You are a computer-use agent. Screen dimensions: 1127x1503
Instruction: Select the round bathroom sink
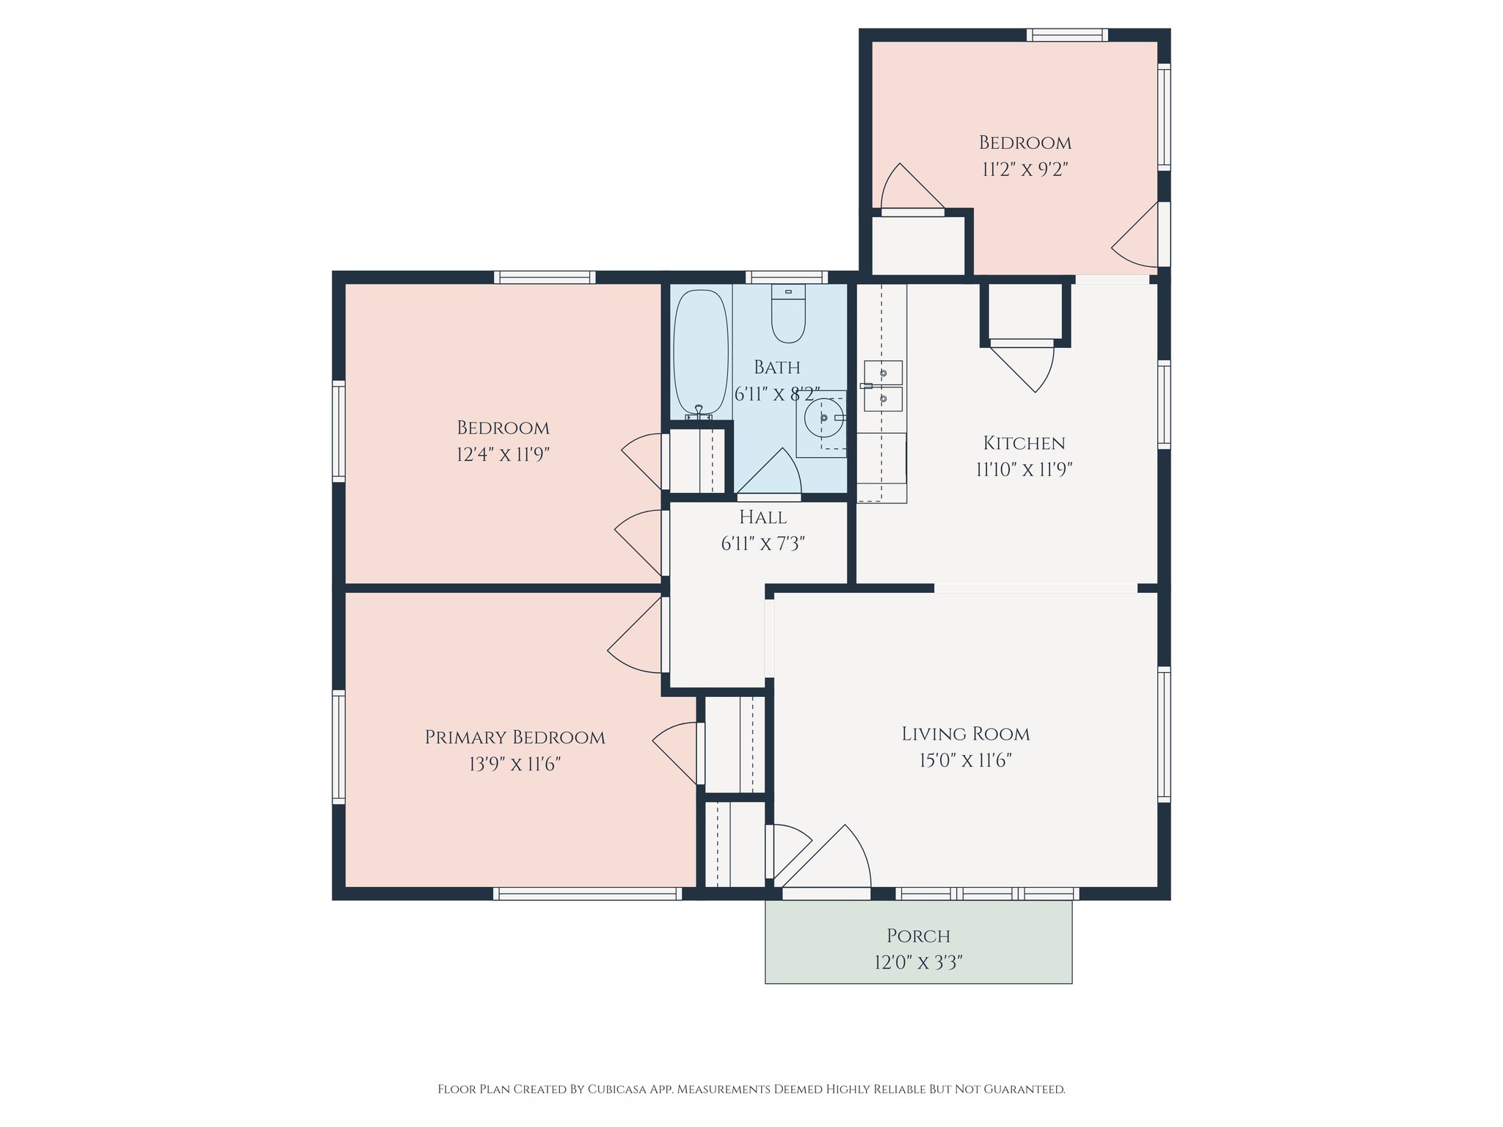823,418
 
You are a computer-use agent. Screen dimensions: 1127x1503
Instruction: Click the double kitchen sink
882,386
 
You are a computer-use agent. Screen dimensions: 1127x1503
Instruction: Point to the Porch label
918,936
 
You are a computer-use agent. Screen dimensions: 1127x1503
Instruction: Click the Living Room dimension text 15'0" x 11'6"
965,760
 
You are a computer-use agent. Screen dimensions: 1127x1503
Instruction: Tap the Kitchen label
1024,443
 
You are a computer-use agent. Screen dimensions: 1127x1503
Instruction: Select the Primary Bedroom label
514,737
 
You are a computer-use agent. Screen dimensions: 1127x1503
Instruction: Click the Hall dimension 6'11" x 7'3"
763,544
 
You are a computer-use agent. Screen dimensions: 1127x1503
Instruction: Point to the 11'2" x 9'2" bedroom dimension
1025,169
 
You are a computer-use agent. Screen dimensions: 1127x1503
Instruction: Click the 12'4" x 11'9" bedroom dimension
503,455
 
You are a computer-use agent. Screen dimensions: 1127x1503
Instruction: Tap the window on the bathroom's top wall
787,277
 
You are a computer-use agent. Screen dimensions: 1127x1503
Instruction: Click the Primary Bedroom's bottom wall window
587,894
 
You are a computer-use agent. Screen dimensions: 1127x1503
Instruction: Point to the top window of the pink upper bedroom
1066,34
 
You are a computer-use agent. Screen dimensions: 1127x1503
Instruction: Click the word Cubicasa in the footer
616,1089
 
